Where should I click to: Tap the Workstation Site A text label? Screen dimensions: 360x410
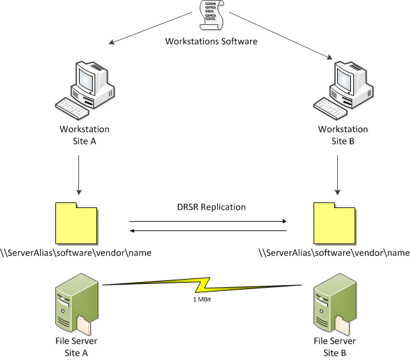(x=84, y=134)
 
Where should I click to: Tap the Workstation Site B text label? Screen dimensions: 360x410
(x=343, y=134)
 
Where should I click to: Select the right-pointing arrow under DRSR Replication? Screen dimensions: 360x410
(x=207, y=220)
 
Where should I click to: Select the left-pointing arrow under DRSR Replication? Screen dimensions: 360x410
(x=207, y=231)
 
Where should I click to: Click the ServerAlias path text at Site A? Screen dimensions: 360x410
(x=76, y=253)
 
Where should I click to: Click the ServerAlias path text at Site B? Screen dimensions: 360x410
(x=333, y=253)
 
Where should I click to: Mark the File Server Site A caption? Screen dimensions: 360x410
(x=77, y=346)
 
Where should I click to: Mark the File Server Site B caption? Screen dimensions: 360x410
(x=335, y=346)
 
